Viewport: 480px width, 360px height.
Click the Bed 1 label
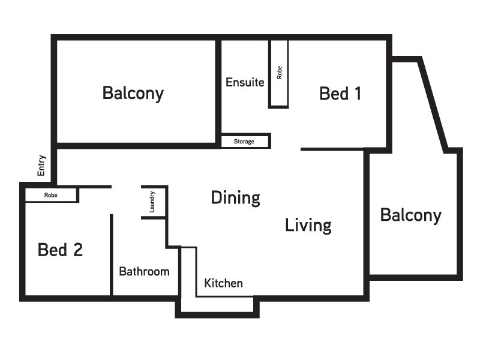click(340, 94)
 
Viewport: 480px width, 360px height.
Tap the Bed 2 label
click(60, 250)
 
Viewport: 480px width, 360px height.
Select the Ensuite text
click(245, 83)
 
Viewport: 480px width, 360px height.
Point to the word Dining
click(235, 198)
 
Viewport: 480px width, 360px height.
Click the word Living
click(308, 226)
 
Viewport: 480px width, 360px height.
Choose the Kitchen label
click(223, 283)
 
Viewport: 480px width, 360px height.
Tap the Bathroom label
click(144, 271)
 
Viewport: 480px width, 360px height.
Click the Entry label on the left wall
click(41, 166)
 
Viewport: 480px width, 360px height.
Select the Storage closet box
click(245, 142)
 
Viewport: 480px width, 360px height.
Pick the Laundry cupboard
click(153, 202)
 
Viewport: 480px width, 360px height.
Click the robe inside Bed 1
click(278, 73)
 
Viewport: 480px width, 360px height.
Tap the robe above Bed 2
click(51, 195)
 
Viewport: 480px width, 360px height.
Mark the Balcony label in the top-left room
click(133, 94)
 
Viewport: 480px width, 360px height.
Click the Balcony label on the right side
click(410, 215)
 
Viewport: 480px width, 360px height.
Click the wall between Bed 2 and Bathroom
click(112, 255)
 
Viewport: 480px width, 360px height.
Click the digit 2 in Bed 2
click(77, 250)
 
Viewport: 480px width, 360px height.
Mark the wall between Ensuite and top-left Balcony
click(218, 90)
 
